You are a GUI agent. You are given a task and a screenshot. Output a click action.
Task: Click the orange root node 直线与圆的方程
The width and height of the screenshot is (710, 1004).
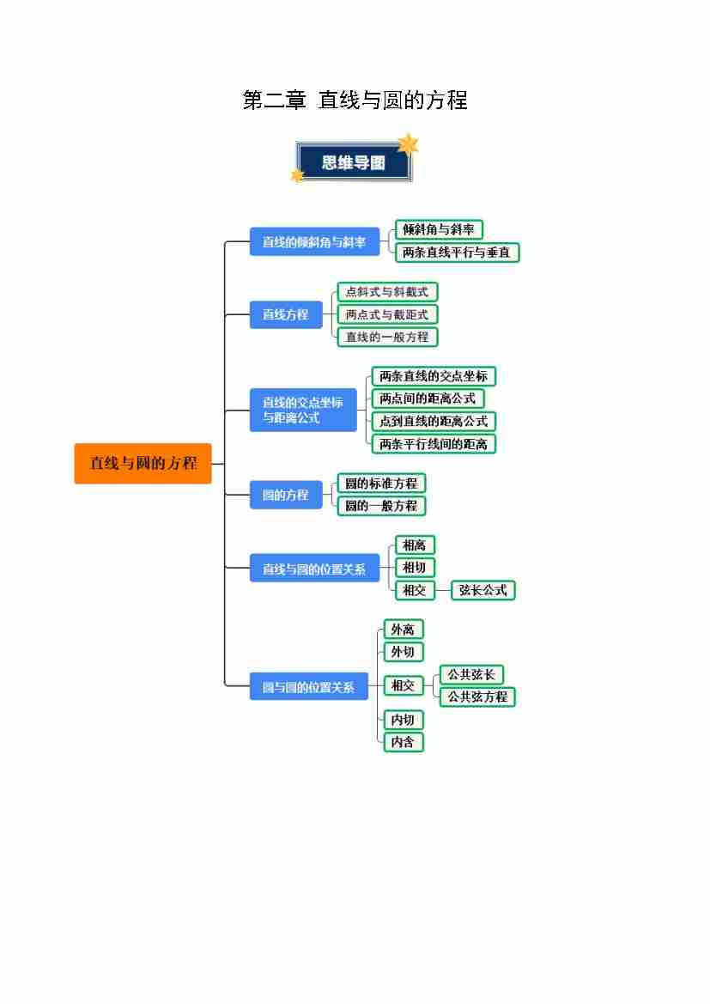point(143,464)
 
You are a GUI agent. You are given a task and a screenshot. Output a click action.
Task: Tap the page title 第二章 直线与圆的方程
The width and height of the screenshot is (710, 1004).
point(355,100)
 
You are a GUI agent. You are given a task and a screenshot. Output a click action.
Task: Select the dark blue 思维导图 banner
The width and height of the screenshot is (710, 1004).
point(353,162)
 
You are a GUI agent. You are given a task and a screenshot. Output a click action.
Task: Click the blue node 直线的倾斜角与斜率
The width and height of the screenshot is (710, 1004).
point(314,242)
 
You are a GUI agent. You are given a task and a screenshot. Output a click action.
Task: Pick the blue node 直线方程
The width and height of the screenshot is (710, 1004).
point(285,314)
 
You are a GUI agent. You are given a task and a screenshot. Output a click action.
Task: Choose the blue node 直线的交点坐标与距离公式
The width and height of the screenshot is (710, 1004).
point(302,410)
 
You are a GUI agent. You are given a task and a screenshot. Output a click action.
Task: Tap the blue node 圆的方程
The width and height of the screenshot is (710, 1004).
point(285,495)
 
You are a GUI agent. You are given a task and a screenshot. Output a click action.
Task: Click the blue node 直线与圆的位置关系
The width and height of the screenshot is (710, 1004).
point(314,569)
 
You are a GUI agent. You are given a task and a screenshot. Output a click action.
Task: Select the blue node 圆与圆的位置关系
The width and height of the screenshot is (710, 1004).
point(308,687)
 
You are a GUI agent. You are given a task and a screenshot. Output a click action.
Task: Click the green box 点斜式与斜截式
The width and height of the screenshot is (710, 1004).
point(386,292)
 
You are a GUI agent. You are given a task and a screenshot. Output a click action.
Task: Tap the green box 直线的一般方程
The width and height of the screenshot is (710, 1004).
point(386,337)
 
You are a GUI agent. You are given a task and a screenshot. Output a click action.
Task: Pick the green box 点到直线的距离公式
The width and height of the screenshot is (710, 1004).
point(434,421)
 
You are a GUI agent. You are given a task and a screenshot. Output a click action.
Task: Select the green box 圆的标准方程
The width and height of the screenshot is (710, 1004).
point(381,484)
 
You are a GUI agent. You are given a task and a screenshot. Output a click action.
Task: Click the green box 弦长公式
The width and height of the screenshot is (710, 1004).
point(482,590)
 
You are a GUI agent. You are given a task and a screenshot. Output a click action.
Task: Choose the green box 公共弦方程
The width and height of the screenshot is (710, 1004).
point(476,697)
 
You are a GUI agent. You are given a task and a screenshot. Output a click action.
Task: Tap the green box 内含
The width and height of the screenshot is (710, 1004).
point(403,742)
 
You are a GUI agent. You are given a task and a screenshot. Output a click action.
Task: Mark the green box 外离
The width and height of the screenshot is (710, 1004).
point(403,630)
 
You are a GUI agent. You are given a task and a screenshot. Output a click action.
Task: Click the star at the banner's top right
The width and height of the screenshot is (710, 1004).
point(408,143)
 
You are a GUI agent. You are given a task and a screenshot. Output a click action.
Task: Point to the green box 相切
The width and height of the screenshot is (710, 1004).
point(414,568)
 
